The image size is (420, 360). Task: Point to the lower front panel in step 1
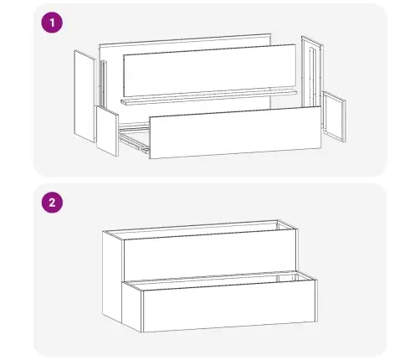(235, 135)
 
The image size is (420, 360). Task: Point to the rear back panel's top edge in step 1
(184, 38)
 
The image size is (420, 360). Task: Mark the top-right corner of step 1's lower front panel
(320, 107)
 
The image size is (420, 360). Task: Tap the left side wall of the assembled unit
(111, 276)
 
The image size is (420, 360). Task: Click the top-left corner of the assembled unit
(101, 230)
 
